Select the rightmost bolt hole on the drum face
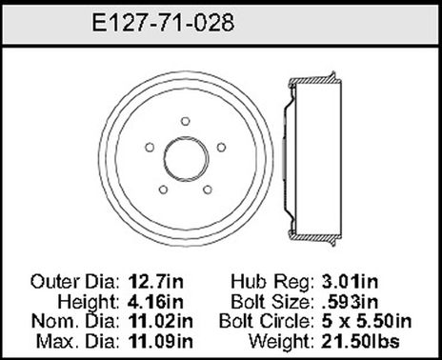[x=220, y=147]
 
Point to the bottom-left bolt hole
[x=162, y=187]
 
